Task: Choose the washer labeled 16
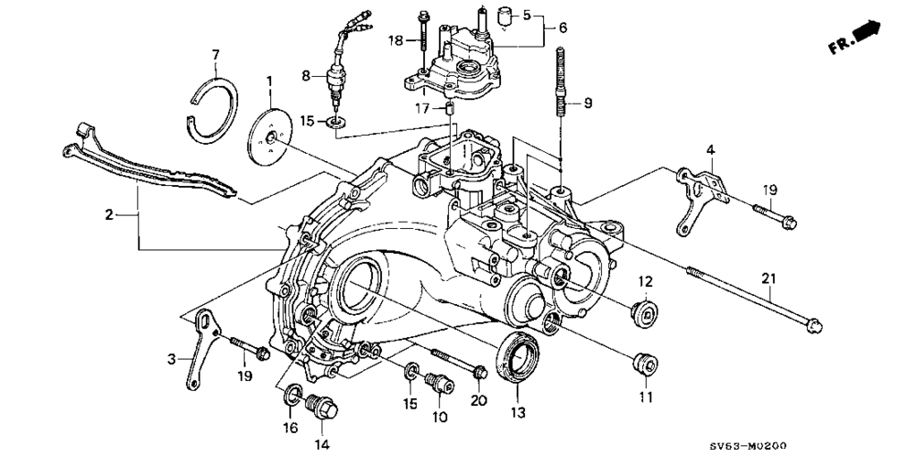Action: [291, 395]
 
